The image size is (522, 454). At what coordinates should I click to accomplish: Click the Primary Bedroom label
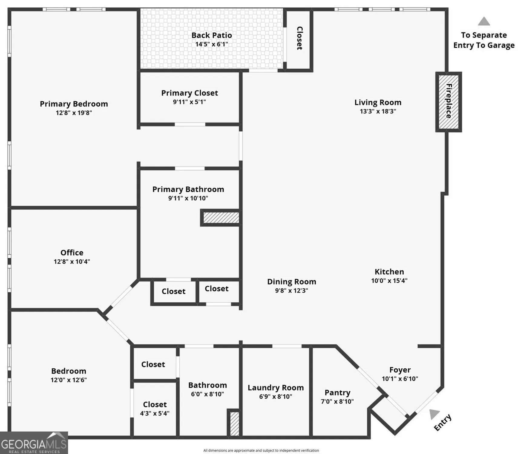tap(74, 104)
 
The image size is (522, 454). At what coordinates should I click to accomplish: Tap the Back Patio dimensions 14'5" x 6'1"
tap(212, 44)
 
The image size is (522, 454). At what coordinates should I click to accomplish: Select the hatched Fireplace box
tap(448, 102)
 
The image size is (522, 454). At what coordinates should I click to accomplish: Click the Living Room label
tap(378, 102)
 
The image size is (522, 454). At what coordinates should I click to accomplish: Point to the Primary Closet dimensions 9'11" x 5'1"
tap(189, 102)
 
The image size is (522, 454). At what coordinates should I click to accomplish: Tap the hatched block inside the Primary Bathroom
tap(221, 218)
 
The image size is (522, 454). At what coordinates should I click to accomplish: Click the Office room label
tap(72, 252)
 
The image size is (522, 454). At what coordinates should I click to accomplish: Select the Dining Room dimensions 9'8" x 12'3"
tap(291, 291)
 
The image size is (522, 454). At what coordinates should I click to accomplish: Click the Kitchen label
tap(389, 271)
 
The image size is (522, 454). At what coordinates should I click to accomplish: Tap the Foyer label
tap(400, 370)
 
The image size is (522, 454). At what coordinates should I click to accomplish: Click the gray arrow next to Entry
tap(434, 414)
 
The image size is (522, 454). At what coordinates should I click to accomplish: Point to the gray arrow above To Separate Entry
tap(484, 21)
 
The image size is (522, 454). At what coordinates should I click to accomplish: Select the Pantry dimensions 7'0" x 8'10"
tap(337, 402)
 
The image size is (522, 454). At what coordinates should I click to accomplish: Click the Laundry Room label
tap(275, 388)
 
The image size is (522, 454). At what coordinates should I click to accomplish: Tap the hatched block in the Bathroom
tap(235, 423)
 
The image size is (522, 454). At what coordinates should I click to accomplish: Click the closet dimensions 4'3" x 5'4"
tap(155, 413)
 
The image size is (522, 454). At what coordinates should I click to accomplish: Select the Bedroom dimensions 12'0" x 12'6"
tap(69, 380)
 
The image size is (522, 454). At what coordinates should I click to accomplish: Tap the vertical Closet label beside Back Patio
tap(300, 38)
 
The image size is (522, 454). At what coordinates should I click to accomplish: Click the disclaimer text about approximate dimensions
tap(261, 450)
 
